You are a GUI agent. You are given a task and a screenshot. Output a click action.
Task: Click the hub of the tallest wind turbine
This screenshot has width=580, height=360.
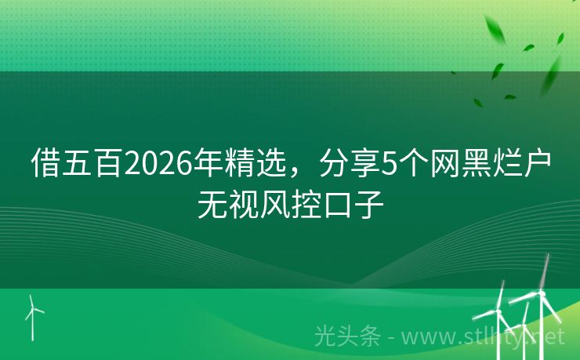tap(538, 292)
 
